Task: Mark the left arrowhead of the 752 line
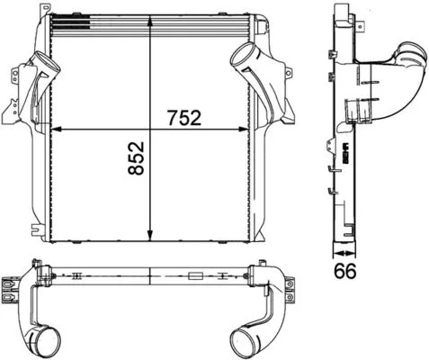pyautogui.click(x=53, y=132)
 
